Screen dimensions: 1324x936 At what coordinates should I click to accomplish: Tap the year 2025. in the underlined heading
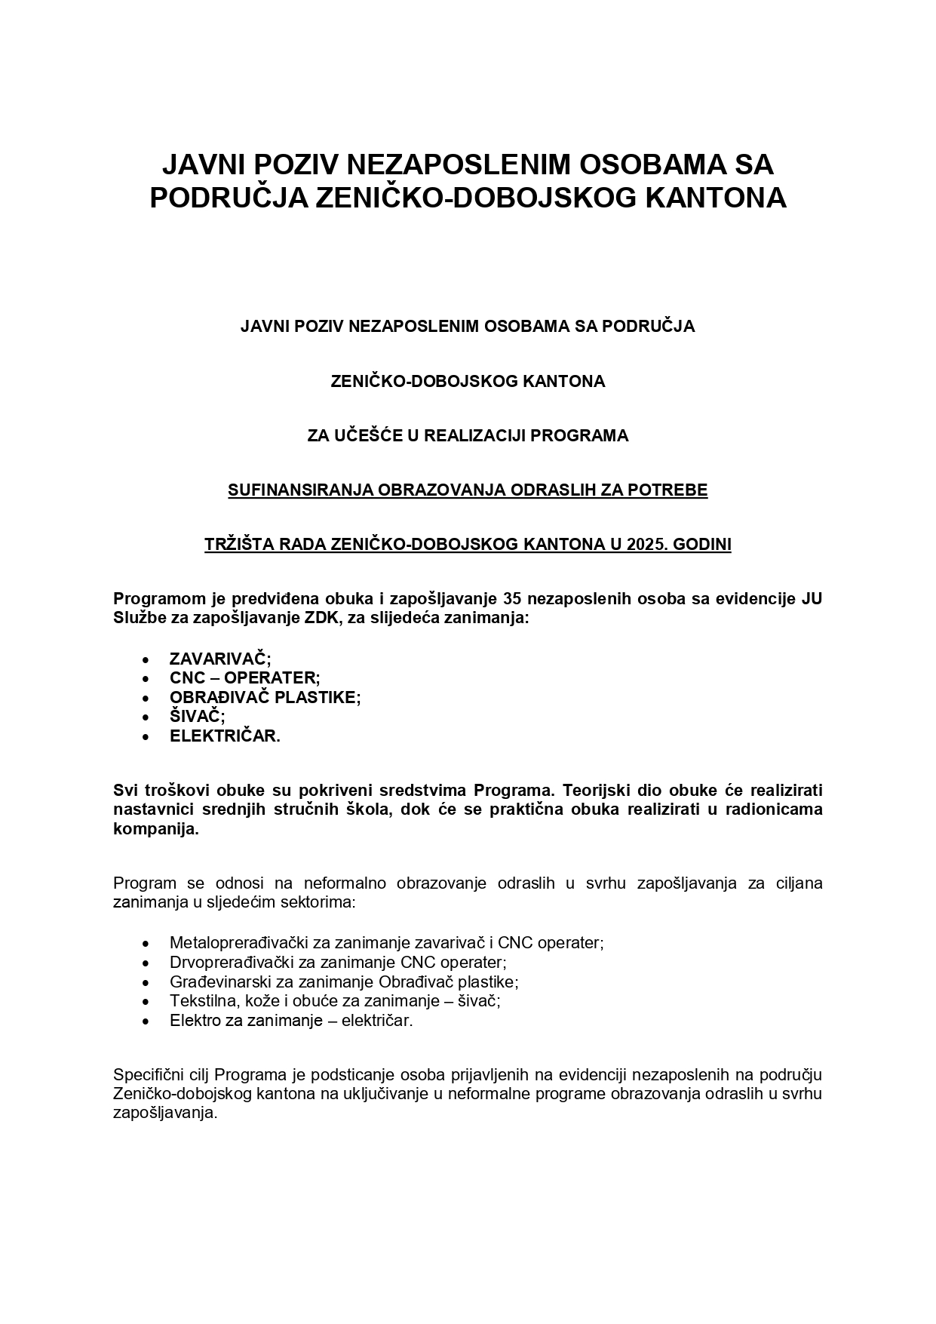tap(648, 545)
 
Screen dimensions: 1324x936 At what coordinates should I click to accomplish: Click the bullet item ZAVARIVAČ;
tap(220, 659)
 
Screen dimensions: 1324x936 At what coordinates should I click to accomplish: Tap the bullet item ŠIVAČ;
tap(198, 717)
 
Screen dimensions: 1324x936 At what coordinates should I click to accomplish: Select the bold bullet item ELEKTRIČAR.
tap(225, 736)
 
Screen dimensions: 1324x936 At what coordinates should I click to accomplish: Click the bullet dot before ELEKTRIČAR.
tap(146, 737)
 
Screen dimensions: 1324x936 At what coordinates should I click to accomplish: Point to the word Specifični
tap(147, 1074)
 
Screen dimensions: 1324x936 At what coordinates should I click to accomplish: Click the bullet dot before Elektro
tap(146, 1021)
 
